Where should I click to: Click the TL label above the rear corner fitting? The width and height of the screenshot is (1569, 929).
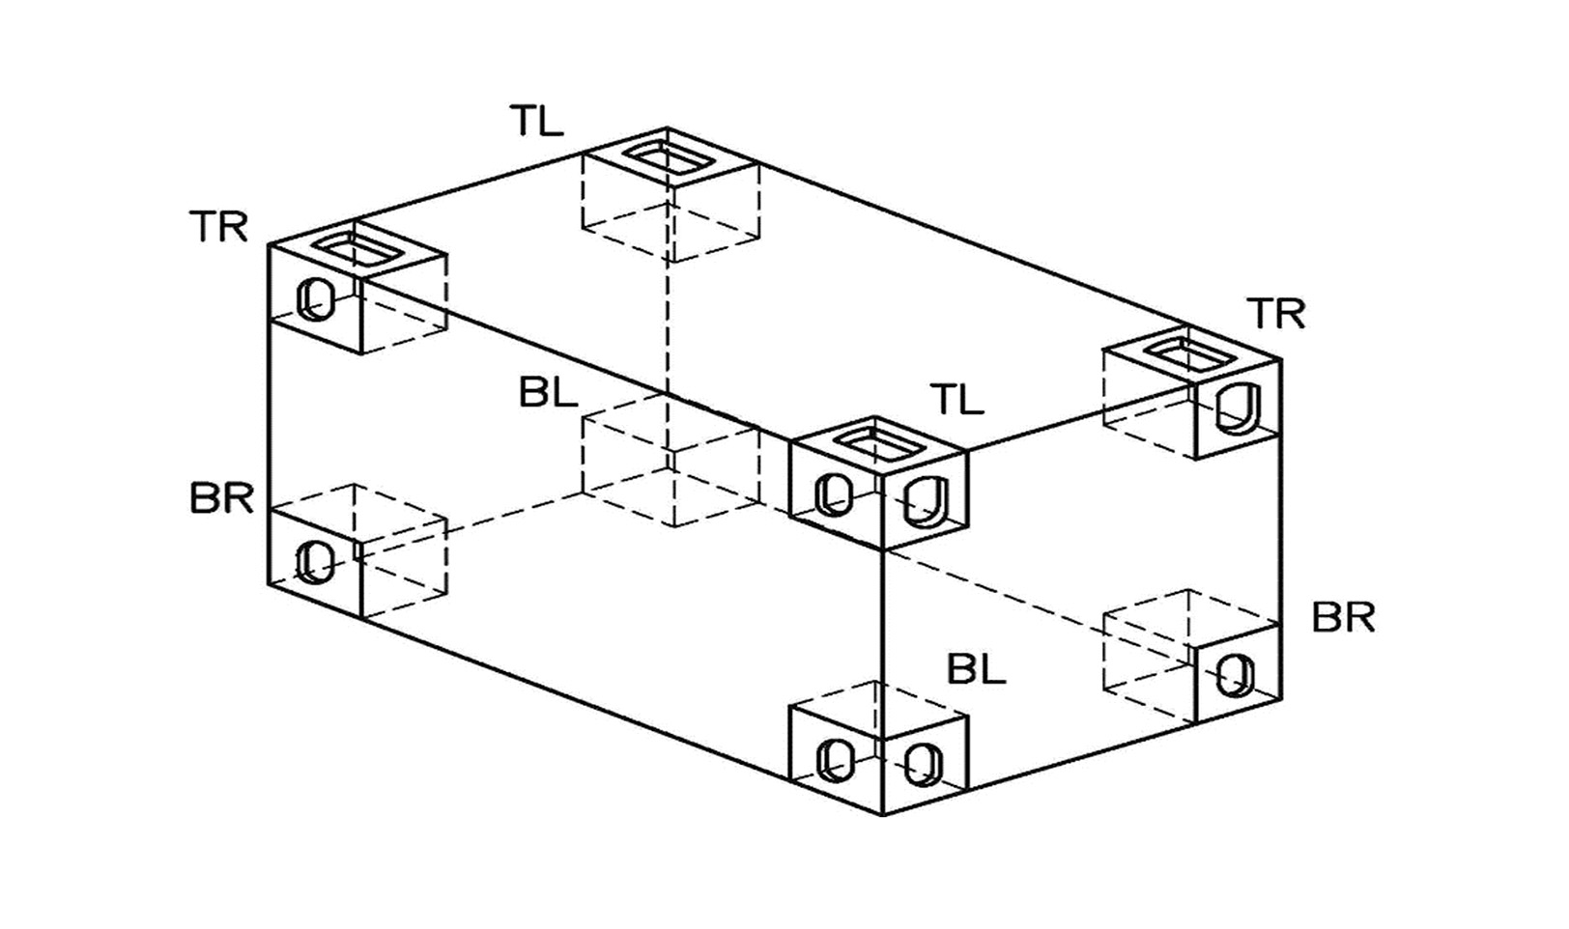click(x=536, y=122)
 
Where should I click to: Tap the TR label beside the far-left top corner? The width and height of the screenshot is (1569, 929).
click(x=219, y=228)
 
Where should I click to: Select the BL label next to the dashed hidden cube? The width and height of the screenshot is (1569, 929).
click(x=548, y=393)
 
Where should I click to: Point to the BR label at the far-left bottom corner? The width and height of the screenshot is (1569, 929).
click(x=221, y=500)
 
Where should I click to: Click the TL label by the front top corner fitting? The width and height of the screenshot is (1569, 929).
click(x=956, y=399)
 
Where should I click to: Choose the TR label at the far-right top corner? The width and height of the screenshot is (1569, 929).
click(x=1275, y=314)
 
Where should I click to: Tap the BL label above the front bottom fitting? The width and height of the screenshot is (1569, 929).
click(x=976, y=669)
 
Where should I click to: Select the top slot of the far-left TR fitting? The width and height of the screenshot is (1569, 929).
click(x=358, y=248)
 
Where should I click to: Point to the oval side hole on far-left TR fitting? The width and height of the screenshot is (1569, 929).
click(x=315, y=299)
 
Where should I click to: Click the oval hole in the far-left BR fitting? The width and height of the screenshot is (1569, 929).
click(x=315, y=562)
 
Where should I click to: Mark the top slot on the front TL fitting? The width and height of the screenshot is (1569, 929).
click(x=877, y=444)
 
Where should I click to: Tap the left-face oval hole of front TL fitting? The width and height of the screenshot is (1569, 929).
click(x=835, y=494)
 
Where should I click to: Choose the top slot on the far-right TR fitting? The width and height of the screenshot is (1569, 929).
click(x=1192, y=356)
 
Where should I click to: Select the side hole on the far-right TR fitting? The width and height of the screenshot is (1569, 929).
click(x=1237, y=408)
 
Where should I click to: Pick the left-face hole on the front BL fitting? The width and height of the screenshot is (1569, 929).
click(x=835, y=759)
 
